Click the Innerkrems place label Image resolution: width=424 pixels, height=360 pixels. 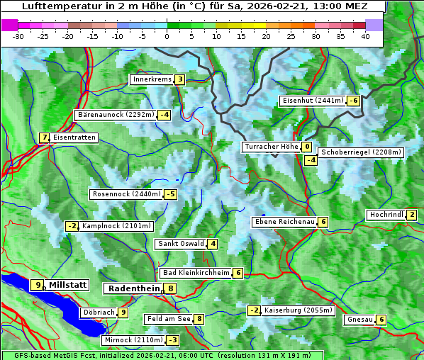(152, 79)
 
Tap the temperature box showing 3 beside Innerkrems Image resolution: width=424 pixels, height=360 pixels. (180, 79)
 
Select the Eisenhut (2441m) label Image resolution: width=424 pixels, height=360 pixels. (313, 101)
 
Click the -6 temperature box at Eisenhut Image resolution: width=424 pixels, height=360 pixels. (352, 101)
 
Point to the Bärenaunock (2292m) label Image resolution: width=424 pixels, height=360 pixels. (115, 114)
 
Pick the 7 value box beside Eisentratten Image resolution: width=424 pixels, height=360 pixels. (44, 137)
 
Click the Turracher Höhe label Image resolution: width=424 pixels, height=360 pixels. (271, 147)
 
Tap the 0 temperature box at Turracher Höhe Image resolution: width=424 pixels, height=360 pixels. (306, 147)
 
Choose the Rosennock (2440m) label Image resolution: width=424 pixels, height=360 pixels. (125, 193)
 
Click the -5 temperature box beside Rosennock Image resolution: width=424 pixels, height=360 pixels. (170, 194)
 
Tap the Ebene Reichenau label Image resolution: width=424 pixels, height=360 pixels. (284, 222)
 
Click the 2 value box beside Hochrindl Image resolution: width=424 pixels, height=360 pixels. (411, 215)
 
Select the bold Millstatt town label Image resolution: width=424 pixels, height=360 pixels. (68, 285)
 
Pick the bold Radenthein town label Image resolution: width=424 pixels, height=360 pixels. (133, 288)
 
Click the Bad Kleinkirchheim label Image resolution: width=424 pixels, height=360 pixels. (196, 273)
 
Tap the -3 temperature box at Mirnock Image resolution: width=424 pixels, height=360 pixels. (172, 340)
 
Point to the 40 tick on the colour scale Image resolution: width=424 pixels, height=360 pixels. (365, 35)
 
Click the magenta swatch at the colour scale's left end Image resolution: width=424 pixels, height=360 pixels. (10, 24)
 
